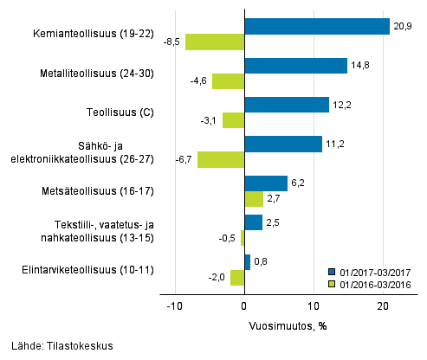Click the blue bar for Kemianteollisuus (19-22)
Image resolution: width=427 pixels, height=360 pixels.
point(317,27)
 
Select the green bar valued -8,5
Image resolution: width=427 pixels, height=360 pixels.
point(215,42)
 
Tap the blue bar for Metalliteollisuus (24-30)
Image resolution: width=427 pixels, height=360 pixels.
point(295,66)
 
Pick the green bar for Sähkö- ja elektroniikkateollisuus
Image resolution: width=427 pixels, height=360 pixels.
point(221,159)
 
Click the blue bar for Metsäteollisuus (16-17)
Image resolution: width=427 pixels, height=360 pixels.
point(266,183)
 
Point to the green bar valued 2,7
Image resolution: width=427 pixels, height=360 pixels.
point(254,198)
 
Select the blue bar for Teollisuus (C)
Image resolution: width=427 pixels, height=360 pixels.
point(287,105)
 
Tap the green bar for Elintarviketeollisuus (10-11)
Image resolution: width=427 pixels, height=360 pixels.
point(237,277)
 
